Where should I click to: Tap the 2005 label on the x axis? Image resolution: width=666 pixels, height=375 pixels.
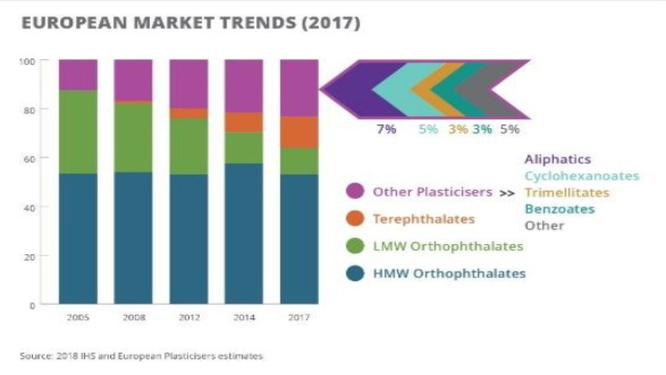point(77,317)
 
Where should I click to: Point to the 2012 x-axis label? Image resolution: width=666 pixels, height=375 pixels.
point(188,317)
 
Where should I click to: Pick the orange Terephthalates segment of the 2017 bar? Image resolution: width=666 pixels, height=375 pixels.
point(299,132)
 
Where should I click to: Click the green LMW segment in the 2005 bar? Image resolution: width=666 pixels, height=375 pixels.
point(77,132)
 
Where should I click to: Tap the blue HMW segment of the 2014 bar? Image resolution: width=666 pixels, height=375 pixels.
point(244,233)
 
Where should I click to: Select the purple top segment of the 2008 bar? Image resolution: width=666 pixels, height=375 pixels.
point(133,80)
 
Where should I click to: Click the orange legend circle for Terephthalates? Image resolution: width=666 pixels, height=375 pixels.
point(355,219)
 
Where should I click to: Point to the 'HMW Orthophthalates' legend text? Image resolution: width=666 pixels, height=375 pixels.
point(450,273)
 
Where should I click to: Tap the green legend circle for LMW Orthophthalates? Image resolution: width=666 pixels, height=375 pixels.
point(355,246)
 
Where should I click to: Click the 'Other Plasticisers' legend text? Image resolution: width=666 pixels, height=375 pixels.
point(431,192)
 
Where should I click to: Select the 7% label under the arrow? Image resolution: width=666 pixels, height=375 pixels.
point(386,129)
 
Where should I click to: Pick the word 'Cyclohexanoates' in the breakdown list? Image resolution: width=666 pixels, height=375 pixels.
point(581,176)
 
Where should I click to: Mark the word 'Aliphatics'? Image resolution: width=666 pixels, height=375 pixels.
point(557,158)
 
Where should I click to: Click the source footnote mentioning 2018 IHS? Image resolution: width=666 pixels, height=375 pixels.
point(142,356)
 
